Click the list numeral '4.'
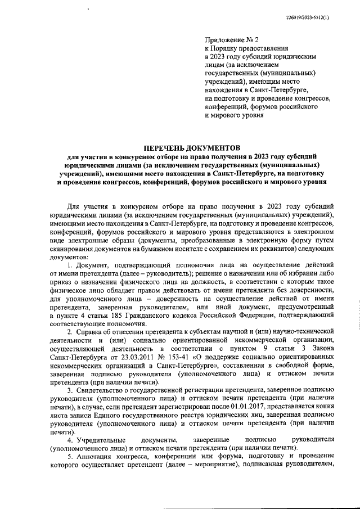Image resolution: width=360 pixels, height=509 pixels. pyautogui.click(x=70, y=439)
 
